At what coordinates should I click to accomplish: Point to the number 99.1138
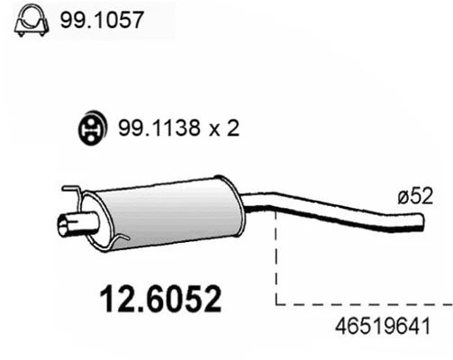149,130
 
